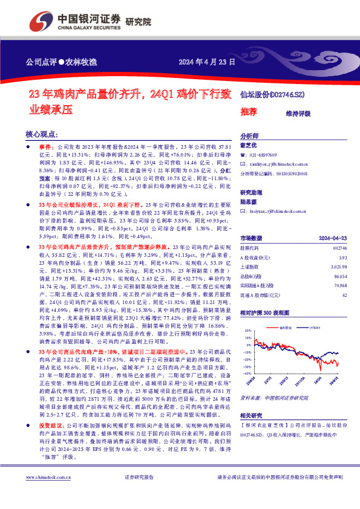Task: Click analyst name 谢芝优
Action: tap(249, 145)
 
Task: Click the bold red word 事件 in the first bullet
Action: tap(47, 147)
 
